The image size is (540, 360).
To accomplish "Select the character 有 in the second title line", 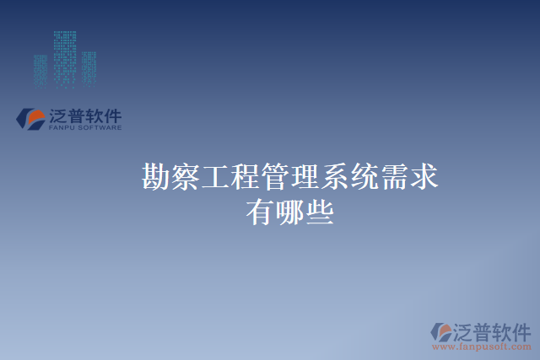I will (260, 212).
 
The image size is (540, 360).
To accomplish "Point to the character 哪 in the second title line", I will (289, 212).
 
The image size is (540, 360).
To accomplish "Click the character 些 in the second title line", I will (319, 212).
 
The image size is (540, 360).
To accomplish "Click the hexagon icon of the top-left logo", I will (31, 118).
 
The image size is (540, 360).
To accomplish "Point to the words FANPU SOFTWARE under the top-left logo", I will (86, 128).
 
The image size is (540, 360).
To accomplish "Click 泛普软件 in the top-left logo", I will (86, 116).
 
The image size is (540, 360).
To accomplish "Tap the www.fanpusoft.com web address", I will (482, 346).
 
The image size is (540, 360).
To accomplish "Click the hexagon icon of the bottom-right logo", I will (442, 330).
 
